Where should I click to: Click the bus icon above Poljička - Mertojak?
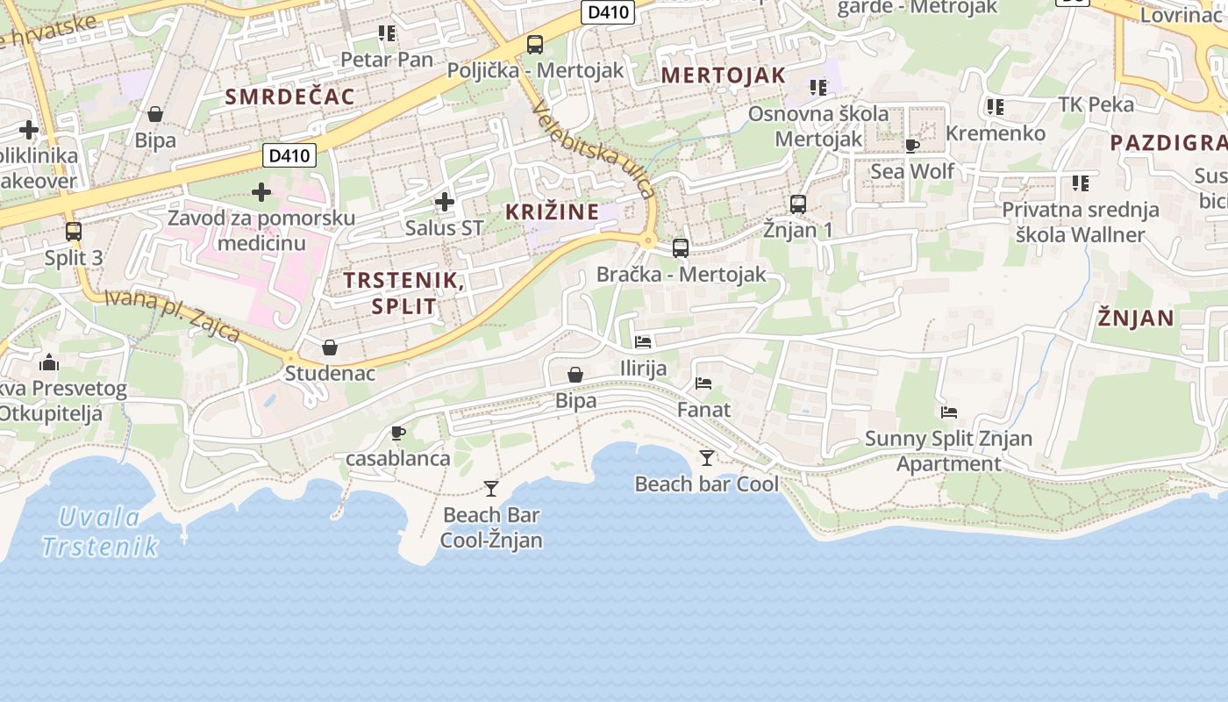(x=535, y=44)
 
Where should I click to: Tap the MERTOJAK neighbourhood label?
(x=723, y=75)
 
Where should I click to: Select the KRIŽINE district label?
(x=552, y=211)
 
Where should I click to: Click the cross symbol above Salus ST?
(x=445, y=203)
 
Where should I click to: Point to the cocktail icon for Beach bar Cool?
(x=707, y=457)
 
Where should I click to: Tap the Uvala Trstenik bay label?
(x=100, y=532)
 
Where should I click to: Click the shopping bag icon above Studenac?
(x=330, y=347)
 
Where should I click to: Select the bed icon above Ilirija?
(x=643, y=341)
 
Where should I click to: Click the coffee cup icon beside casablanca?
(x=397, y=433)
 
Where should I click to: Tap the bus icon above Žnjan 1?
(x=798, y=204)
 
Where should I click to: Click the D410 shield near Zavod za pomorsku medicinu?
(x=289, y=156)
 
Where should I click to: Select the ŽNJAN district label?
(x=1135, y=319)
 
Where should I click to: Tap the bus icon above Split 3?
(x=74, y=232)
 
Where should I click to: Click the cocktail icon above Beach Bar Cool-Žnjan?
(x=491, y=488)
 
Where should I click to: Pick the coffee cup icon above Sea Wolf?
(x=912, y=145)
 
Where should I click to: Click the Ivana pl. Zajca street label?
(x=172, y=314)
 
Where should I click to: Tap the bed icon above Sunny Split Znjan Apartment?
(x=948, y=412)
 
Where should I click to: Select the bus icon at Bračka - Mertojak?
(x=681, y=247)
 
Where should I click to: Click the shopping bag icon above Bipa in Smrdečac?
(x=155, y=114)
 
